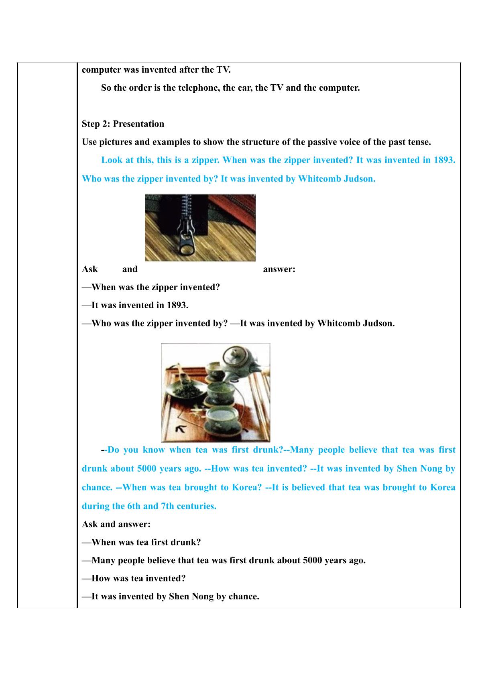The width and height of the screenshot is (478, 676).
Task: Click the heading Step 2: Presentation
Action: click(123, 124)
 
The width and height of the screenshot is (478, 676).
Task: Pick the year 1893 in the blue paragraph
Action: click(445, 160)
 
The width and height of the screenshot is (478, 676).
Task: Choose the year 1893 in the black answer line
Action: click(177, 305)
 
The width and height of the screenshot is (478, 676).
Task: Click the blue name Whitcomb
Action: click(319, 179)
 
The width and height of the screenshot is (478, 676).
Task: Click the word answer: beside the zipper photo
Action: click(279, 269)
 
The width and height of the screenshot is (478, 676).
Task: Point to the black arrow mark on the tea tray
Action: click(181, 429)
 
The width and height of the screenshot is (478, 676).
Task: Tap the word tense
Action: click(419, 142)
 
